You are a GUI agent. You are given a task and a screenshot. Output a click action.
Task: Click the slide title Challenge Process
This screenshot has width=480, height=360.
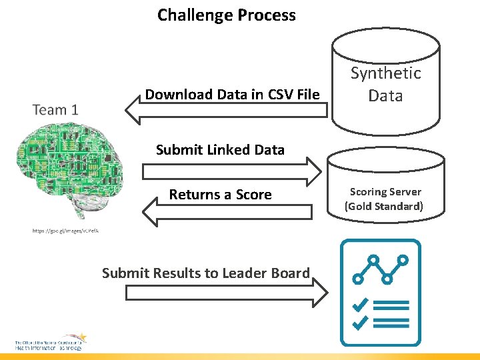(x=227, y=15)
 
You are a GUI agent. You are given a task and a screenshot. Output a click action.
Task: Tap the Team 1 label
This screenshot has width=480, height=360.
(x=55, y=109)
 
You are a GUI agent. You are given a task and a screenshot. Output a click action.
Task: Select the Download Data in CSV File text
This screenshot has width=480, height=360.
(x=232, y=95)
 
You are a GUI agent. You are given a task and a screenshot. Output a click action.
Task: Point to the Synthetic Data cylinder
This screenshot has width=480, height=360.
(x=386, y=83)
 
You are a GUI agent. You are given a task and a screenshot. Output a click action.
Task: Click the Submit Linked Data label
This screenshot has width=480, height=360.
(x=220, y=150)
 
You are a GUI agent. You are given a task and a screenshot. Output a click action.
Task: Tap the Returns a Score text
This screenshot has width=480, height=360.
(x=220, y=195)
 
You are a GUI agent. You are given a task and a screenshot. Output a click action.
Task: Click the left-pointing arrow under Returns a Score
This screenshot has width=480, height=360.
(x=227, y=212)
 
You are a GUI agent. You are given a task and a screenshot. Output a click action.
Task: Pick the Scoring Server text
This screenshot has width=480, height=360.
(x=385, y=192)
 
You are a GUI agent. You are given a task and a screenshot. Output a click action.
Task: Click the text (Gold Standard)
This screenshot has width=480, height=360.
(x=383, y=206)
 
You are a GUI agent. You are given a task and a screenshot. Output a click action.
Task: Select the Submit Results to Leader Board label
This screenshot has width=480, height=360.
(x=205, y=273)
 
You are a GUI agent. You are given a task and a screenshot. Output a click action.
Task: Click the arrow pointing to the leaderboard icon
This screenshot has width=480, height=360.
(x=227, y=293)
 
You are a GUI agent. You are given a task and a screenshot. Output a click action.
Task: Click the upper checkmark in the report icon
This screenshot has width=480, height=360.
(x=361, y=305)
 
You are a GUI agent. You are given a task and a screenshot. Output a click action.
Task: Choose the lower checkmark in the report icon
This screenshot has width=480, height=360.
(x=361, y=323)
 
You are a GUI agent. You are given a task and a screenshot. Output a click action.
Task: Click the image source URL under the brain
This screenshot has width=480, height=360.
(x=65, y=231)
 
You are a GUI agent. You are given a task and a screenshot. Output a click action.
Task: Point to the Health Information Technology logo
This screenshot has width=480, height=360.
(x=50, y=343)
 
